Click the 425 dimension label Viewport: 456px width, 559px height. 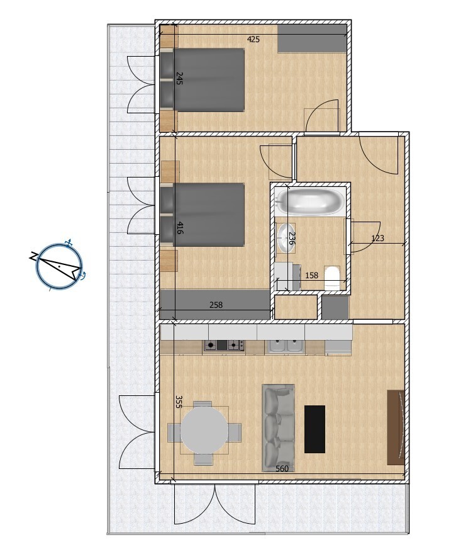tap(253, 39)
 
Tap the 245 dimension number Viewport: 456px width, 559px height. tap(179, 79)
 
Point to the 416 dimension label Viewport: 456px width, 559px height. tap(181, 228)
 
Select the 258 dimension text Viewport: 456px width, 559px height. tap(216, 305)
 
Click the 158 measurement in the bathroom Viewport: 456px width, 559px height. tap(312, 275)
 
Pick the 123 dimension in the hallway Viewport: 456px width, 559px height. tap(377, 238)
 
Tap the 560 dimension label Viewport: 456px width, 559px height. tap(282, 468)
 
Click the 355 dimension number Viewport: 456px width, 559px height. tap(179, 402)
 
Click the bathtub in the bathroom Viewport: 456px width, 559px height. tap(311, 202)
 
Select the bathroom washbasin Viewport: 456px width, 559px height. tap(286, 238)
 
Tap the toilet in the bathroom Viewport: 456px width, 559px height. tap(333, 278)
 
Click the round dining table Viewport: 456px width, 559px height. tap(204, 431)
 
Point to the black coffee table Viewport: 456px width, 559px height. tap(314, 429)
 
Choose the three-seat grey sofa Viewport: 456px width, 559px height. tap(278, 428)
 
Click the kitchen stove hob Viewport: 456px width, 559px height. tap(224, 345)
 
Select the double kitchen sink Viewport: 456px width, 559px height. tap(287, 346)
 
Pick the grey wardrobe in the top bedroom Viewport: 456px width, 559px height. tap(312, 38)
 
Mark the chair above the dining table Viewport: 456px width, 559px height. tap(203, 405)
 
